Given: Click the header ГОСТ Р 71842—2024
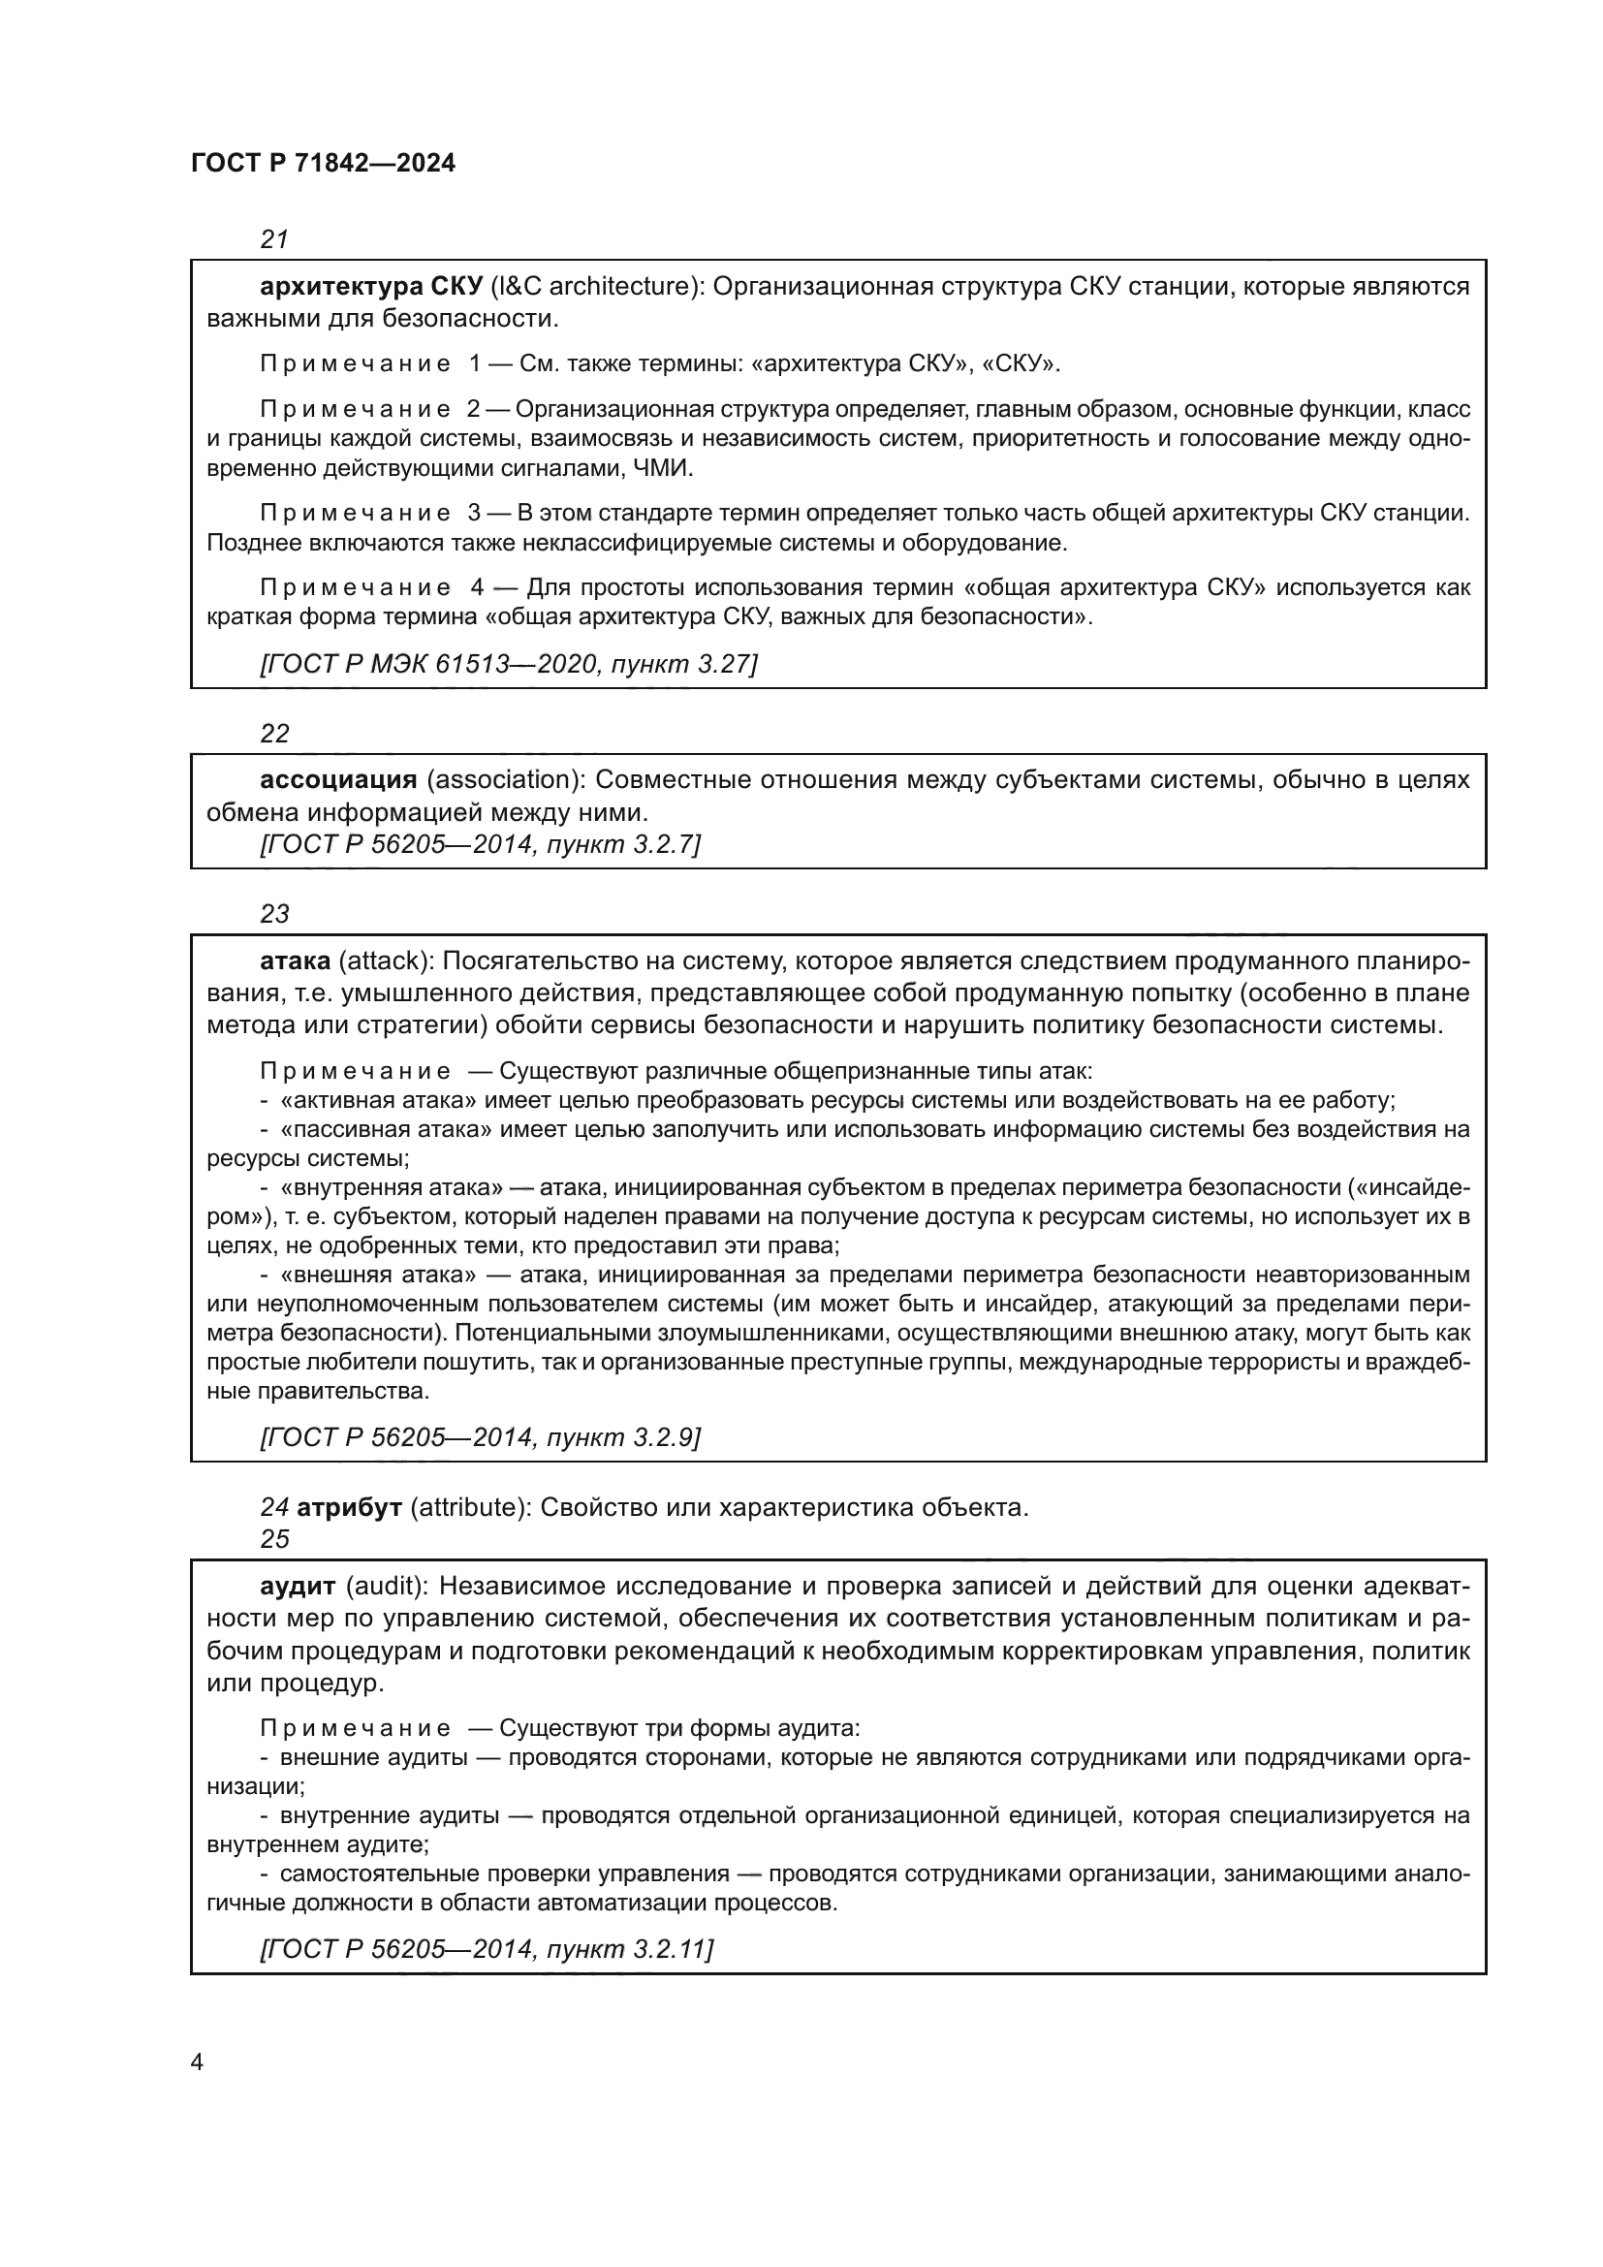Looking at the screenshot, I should pos(323,164).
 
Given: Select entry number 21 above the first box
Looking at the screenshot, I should pos(274,240).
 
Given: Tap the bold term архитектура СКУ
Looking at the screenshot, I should pos(370,287).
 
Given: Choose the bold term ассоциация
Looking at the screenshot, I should pos(338,780).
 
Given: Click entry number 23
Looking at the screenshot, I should pos(274,914).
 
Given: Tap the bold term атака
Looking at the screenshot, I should pos(296,960).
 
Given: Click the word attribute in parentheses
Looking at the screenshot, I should pos(463,1509).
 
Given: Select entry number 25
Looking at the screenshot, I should pos(274,1539).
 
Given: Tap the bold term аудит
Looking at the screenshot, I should pos(298,1587).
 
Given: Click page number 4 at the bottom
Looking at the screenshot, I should pos(197,2062).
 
